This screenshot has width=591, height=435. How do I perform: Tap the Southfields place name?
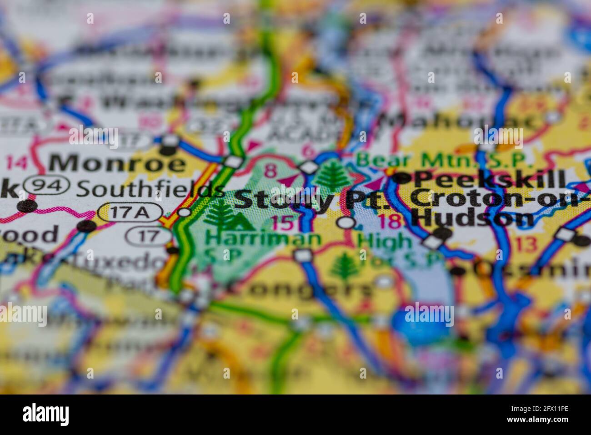(150, 189)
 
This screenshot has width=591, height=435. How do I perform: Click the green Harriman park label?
(263, 238)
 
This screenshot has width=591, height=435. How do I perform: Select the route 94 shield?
(47, 185)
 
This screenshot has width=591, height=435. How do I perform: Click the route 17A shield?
(130, 212)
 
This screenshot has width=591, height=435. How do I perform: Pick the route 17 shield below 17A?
(149, 235)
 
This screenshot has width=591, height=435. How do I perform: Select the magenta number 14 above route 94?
(18, 162)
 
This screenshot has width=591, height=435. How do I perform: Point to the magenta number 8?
(270, 171)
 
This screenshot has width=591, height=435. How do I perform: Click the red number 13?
(526, 244)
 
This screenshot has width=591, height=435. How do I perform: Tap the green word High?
(378, 239)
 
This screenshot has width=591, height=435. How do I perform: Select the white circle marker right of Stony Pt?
(347, 223)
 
